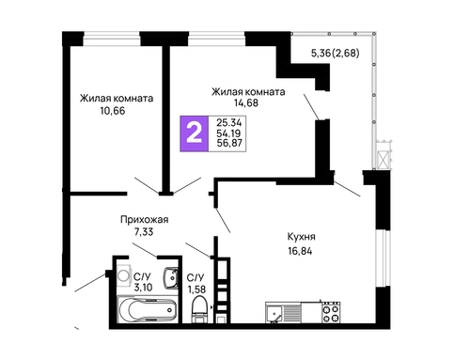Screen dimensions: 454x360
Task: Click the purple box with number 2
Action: click(195, 133)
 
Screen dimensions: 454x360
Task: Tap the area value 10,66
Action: click(113, 111)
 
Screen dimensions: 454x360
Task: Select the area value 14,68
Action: click(246, 102)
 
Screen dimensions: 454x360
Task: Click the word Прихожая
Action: click(145, 220)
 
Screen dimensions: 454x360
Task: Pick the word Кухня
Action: click(302, 237)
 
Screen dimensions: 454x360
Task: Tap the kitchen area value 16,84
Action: click(300, 251)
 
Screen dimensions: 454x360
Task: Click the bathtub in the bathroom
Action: click(148, 309)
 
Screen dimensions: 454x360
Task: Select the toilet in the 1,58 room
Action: click(199, 309)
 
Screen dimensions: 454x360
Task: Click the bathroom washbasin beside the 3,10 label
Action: click(171, 278)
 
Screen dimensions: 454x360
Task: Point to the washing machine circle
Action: click(123, 275)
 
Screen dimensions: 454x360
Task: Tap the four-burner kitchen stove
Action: click(332, 313)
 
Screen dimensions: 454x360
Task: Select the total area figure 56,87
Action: click(229, 143)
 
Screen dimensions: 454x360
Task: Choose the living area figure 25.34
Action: click(229, 122)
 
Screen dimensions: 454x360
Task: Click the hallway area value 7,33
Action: click(144, 232)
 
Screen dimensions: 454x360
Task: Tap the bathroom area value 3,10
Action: click(143, 287)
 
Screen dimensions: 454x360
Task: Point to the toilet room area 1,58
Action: click(196, 289)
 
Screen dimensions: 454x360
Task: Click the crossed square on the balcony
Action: click(383, 160)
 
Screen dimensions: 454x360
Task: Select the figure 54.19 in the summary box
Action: click(228, 133)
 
